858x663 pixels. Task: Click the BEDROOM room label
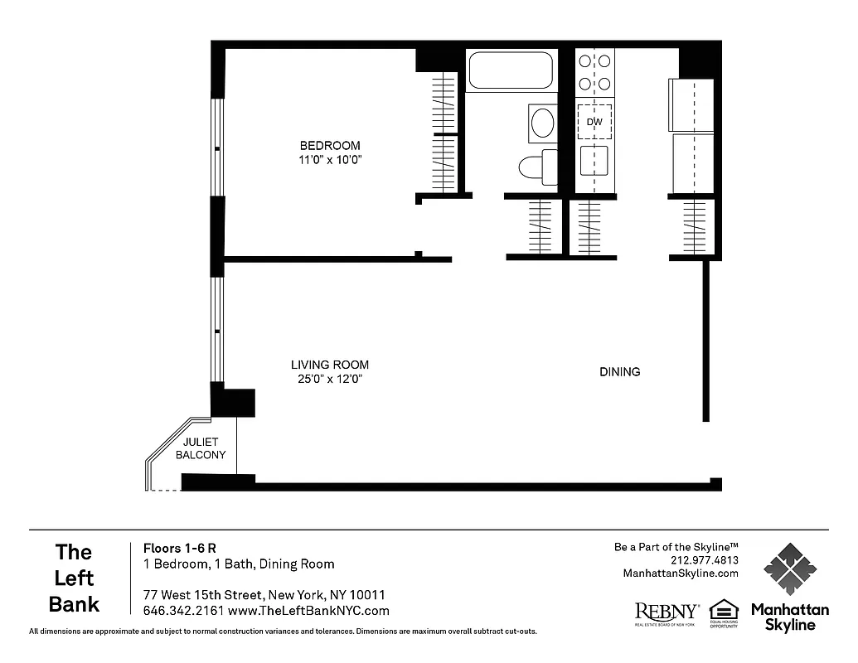(x=330, y=146)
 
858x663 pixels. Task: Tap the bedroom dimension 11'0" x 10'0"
(x=330, y=160)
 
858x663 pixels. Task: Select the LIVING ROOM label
(x=329, y=365)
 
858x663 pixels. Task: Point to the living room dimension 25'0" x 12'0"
(x=329, y=379)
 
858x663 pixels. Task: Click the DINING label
(x=619, y=372)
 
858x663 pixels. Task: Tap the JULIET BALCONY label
(x=200, y=448)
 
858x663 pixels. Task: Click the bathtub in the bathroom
(x=511, y=70)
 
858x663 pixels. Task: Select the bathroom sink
(x=543, y=123)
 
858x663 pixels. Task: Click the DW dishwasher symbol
(x=594, y=122)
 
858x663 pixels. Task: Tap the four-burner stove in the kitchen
(x=595, y=72)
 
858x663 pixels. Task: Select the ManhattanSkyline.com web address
(x=680, y=573)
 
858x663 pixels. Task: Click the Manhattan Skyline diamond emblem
(x=789, y=569)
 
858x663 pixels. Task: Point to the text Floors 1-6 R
(x=180, y=548)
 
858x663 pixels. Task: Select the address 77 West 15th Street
(x=203, y=595)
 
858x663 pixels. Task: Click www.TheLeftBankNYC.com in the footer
(x=308, y=611)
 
